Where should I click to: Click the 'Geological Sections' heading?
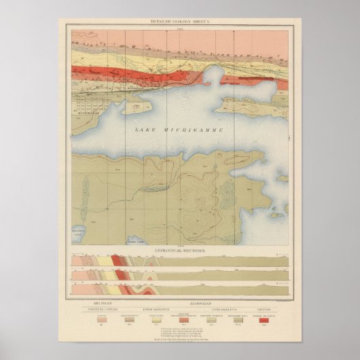pos(180,250)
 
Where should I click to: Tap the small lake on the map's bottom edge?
pos(135,238)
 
